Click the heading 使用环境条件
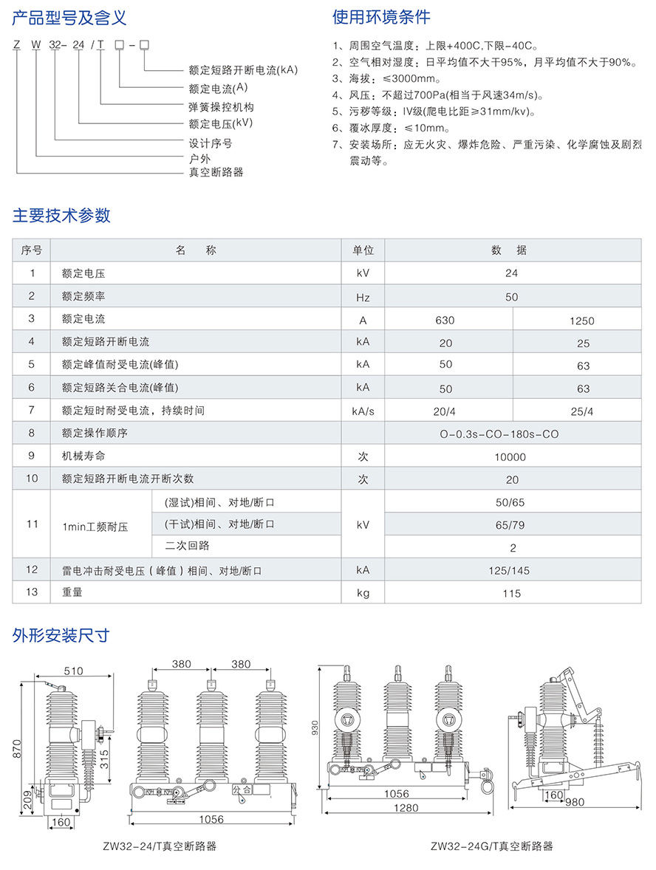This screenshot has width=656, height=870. [x=381, y=17]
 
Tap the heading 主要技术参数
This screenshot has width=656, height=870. [x=62, y=215]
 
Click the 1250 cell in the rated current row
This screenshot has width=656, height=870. [x=582, y=321]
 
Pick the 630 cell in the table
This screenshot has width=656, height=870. [x=445, y=320]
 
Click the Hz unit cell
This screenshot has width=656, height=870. [x=363, y=297]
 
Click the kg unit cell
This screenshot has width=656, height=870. [x=363, y=593]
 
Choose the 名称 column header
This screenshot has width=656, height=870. [x=196, y=250]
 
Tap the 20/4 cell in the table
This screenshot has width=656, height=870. [x=445, y=411]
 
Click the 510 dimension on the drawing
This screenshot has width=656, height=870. [x=73, y=671]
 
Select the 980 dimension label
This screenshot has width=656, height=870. [x=576, y=802]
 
